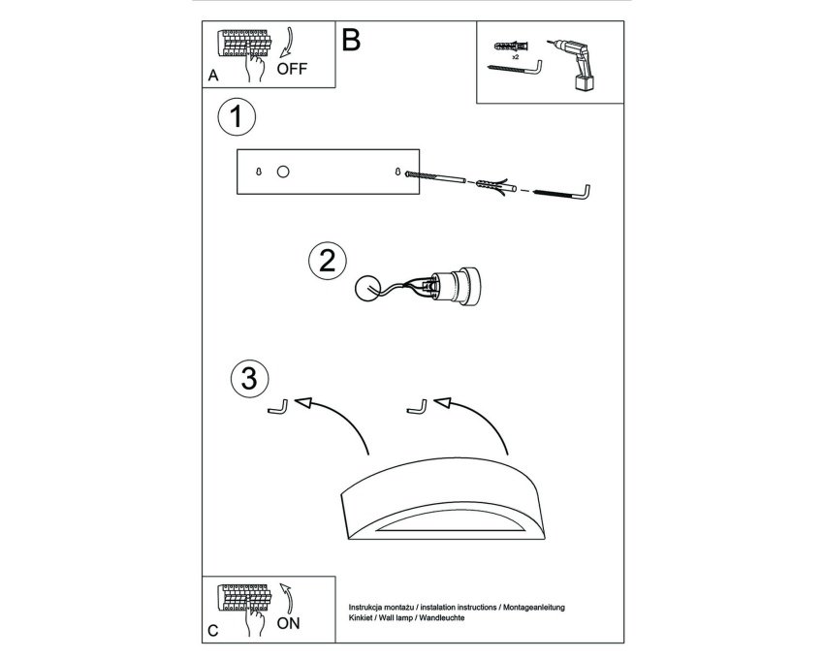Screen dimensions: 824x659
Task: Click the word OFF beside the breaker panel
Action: [292, 69]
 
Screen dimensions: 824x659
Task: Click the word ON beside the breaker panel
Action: [288, 623]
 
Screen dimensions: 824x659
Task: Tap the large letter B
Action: [351, 40]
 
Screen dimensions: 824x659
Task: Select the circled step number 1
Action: [237, 116]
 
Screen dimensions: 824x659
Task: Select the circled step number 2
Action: [327, 261]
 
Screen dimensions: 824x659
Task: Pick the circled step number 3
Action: [249, 378]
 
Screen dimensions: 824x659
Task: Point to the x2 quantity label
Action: [515, 57]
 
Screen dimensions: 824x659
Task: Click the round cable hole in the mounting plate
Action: [283, 172]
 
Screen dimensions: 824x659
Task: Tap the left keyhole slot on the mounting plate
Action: [258, 172]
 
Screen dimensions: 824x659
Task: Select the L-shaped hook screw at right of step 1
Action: [562, 192]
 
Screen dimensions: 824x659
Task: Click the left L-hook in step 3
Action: [278, 407]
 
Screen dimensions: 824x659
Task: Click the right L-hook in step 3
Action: [417, 407]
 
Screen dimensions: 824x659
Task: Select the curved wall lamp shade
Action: [442, 499]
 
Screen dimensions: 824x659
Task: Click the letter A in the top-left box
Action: [213, 76]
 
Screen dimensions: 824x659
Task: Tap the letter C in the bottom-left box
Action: [213, 631]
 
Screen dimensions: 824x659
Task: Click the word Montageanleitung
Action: [534, 608]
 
